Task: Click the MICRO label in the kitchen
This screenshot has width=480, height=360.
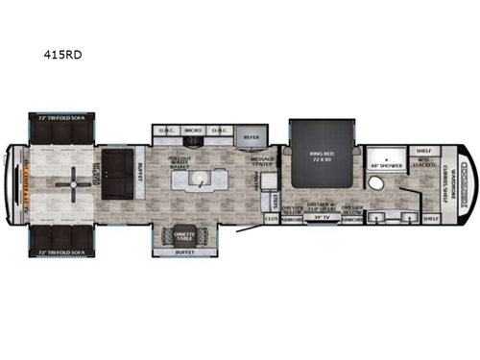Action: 192,131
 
